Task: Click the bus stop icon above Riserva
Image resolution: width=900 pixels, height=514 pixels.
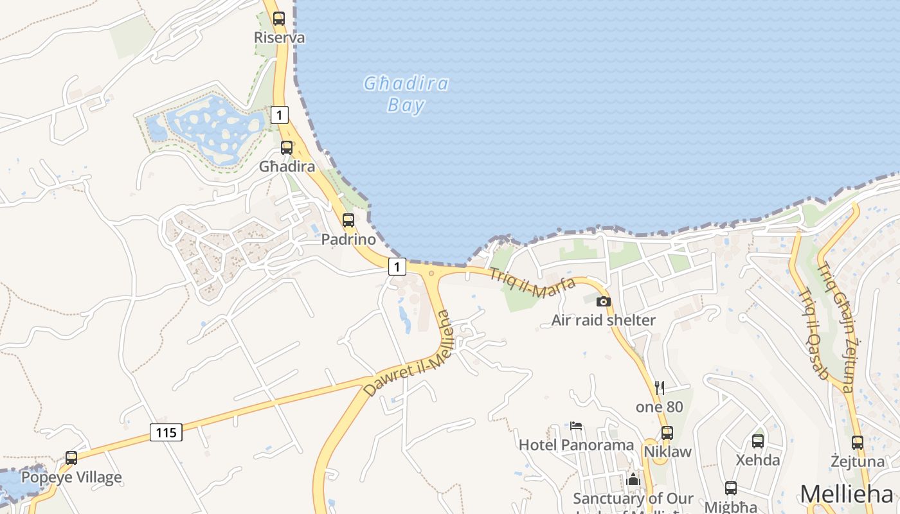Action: tap(278, 19)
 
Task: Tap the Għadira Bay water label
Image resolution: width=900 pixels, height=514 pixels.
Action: tap(406, 94)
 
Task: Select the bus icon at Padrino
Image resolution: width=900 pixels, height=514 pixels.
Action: tap(348, 220)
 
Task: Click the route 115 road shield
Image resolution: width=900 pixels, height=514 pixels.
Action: tap(166, 432)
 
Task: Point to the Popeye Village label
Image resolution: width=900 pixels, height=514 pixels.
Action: tap(71, 477)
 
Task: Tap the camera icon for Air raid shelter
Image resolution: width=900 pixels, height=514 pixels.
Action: tap(602, 301)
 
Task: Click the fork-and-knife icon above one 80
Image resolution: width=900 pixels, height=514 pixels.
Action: tap(659, 387)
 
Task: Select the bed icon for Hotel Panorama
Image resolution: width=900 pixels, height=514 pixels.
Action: tap(576, 425)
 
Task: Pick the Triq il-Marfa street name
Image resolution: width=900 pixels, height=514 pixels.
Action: tap(532, 283)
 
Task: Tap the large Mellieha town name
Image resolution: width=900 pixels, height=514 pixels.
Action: tap(847, 494)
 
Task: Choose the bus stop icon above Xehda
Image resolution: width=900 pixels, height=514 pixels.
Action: tap(758, 441)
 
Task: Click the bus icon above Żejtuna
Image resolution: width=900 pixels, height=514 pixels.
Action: tap(857, 442)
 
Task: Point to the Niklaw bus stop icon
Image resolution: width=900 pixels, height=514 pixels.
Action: tap(667, 432)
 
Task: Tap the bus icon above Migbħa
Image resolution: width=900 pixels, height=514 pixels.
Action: tap(731, 488)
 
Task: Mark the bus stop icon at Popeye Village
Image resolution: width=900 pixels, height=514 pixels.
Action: tap(71, 458)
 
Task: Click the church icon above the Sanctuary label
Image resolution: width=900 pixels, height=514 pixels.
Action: tap(633, 479)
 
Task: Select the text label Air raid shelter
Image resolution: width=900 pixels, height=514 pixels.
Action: tap(604, 320)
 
